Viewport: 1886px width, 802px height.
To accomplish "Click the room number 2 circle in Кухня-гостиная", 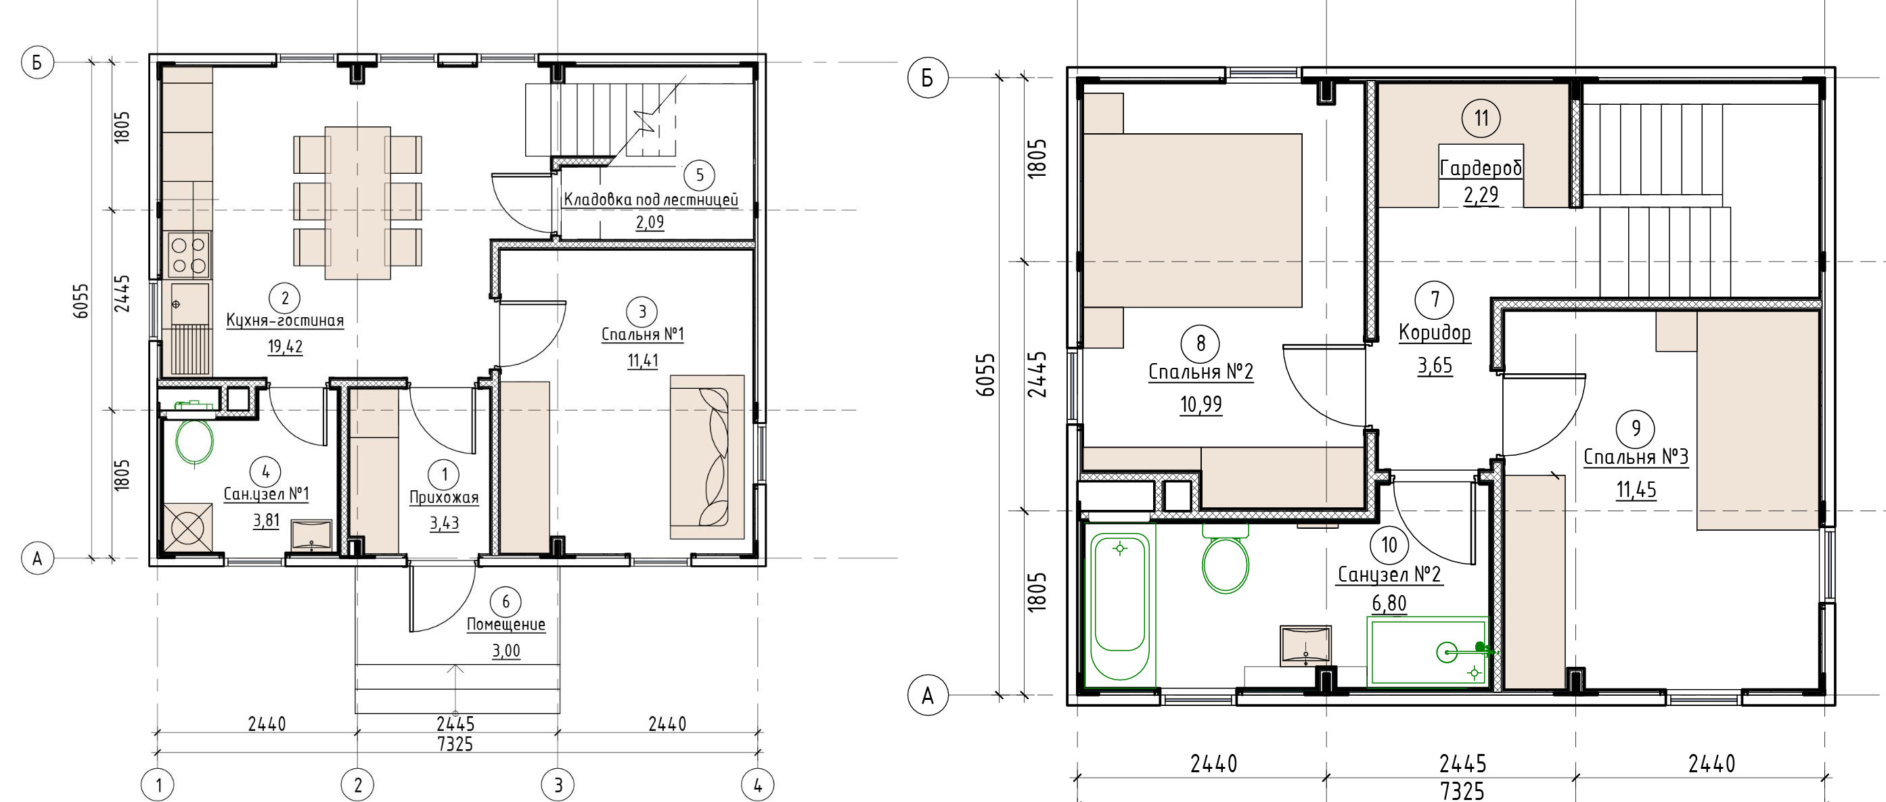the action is [x=285, y=298].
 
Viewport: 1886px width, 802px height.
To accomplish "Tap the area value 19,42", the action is [x=285, y=346].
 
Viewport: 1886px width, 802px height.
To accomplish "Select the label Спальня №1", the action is [x=642, y=335].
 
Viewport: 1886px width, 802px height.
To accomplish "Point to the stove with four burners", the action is [x=189, y=256].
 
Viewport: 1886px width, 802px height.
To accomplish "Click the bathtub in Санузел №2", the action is [x=1119, y=607].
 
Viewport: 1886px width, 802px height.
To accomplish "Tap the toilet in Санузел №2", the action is [x=1226, y=559].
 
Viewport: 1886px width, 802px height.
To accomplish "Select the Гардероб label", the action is [x=1481, y=169].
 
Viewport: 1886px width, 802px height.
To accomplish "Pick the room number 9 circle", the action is [x=1636, y=428].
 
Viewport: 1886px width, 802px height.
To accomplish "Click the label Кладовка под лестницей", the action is [x=651, y=199].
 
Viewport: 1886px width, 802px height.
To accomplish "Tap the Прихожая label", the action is [x=444, y=498].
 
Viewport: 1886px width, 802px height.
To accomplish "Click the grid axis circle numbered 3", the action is [x=558, y=786].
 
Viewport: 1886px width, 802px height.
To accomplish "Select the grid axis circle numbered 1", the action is [x=158, y=786].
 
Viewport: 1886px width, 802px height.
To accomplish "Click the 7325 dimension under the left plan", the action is [x=455, y=745].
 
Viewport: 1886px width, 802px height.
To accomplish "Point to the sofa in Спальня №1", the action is [x=707, y=457].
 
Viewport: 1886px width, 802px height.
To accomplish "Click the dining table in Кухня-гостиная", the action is [x=357, y=203].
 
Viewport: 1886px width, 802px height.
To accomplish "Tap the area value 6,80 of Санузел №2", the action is [x=1389, y=604].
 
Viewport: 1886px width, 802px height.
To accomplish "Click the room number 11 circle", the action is [x=1481, y=118].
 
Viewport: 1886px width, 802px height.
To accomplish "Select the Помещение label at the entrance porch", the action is [x=506, y=624].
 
